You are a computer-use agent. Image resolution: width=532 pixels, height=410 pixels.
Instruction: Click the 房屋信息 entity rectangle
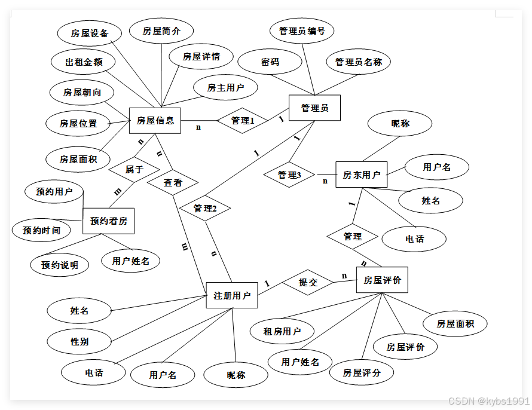pos(155,120)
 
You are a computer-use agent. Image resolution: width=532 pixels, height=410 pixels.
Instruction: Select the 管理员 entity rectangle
pos(314,108)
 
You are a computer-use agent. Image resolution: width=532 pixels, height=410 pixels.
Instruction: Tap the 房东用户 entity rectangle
pos(361,175)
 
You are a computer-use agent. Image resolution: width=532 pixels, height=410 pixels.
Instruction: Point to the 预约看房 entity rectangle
pos(108,221)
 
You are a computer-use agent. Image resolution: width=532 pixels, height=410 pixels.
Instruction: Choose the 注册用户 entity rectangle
pos(232,295)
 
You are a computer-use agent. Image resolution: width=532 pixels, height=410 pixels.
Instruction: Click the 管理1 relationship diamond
pos(243,121)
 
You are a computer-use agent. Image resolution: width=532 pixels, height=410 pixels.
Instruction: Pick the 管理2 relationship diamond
pos(205,208)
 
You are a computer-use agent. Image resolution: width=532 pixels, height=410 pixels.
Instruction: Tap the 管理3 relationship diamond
pos(289,175)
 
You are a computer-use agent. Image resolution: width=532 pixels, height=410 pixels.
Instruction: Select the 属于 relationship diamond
pos(134,169)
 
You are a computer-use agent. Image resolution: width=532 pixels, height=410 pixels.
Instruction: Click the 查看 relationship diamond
pos(173,182)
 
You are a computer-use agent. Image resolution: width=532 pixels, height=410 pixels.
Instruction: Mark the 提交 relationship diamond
pos(308,282)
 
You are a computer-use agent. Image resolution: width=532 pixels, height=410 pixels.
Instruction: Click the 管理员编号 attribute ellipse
pos(302,31)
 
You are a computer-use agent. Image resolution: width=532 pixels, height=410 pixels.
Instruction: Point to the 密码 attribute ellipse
pos(270,62)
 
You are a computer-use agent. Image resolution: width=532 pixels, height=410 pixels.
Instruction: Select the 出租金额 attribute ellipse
pos(84,62)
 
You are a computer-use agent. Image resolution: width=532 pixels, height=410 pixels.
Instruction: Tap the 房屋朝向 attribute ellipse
pos(82,93)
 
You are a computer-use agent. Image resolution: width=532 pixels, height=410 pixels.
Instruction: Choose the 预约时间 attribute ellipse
pos(41,230)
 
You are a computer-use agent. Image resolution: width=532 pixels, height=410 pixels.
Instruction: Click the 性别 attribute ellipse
pos(80,342)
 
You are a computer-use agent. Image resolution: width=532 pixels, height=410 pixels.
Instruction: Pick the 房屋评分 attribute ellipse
pos(362,373)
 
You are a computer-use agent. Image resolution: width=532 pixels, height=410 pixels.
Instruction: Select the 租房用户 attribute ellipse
pos(282,331)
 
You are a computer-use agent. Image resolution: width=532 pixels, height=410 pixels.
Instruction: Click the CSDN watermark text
pos(488,400)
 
